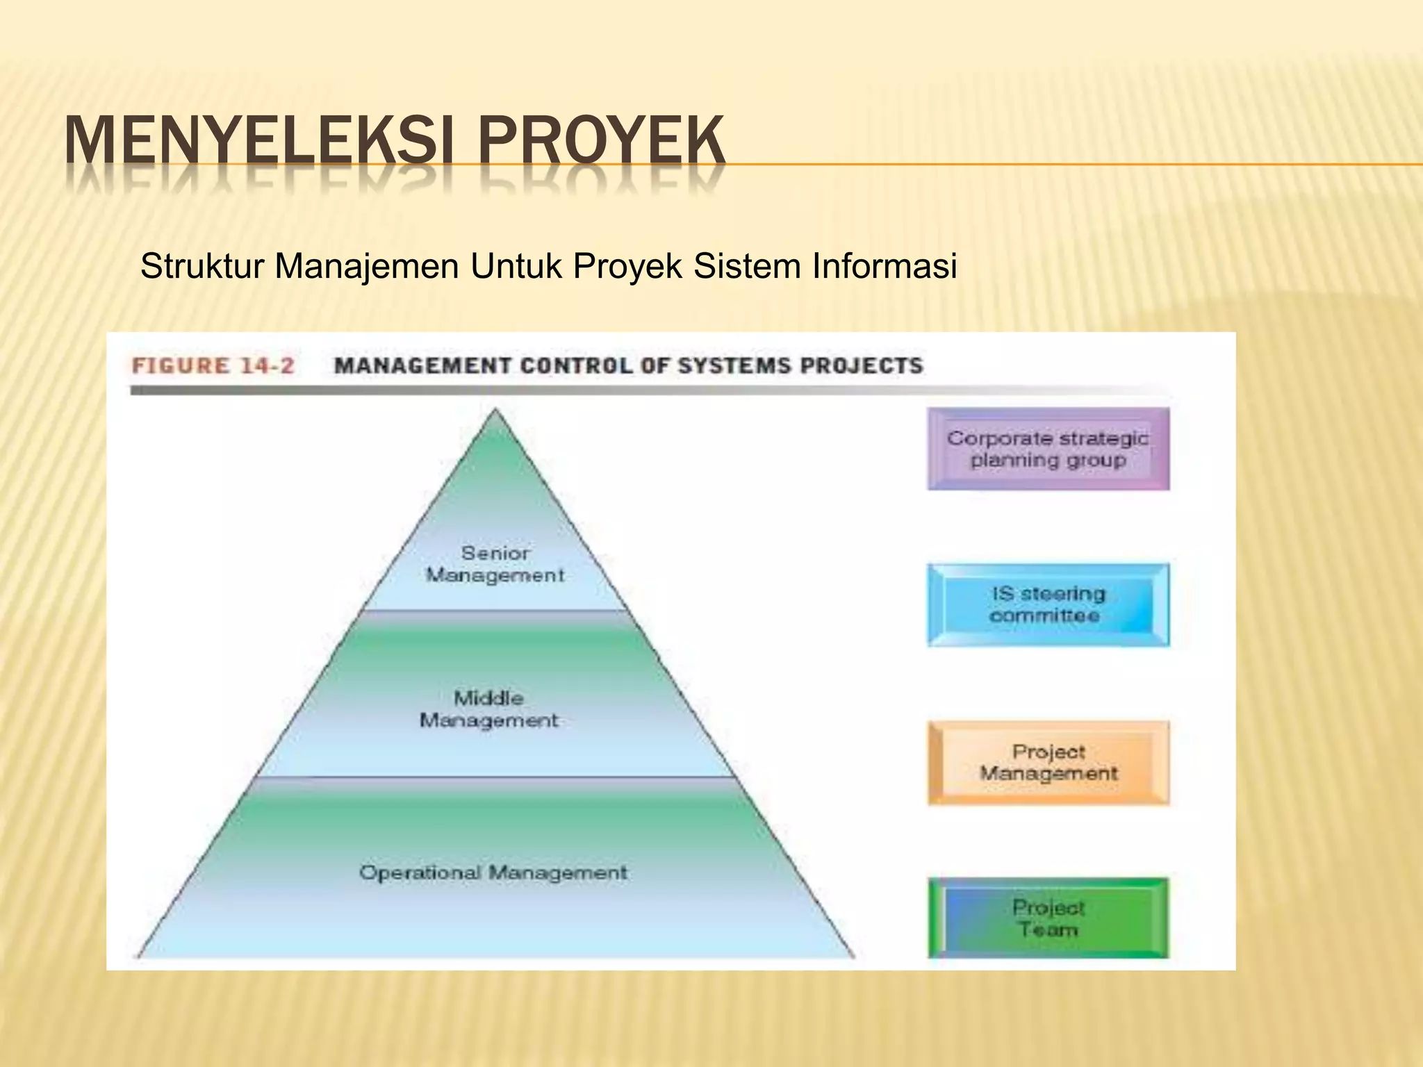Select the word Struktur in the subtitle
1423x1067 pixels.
click(x=201, y=266)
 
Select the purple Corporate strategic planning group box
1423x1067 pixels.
click(x=1048, y=449)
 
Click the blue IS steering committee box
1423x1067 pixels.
click(x=1048, y=605)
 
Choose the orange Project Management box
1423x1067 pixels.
click(x=1048, y=763)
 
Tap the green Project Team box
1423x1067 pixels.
click(x=1048, y=918)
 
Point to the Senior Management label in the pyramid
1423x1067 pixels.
click(x=495, y=564)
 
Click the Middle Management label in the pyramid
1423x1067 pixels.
click(x=488, y=709)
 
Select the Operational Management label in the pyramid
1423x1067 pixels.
click(x=493, y=872)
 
